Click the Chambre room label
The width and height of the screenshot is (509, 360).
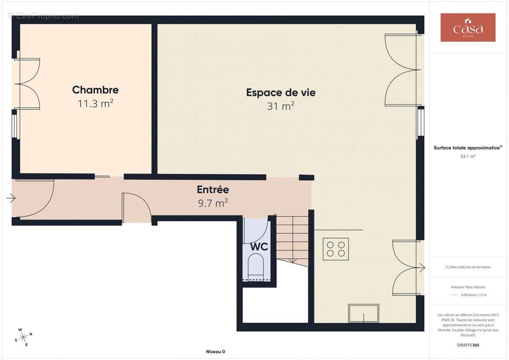[95, 90]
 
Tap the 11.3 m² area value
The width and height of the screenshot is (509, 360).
[95, 104]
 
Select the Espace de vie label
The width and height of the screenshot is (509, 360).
[280, 93]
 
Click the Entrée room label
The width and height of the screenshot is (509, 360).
[213, 190]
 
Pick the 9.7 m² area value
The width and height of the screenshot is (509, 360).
[213, 203]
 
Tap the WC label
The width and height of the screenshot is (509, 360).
[259, 247]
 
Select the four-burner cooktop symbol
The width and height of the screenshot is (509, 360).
[336, 249]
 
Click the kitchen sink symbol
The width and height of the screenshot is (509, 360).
[363, 313]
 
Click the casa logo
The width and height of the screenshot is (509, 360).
[468, 27]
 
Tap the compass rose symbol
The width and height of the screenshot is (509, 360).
[23, 337]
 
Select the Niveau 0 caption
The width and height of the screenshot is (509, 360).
[215, 351]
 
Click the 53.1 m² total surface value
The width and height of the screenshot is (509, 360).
[468, 156]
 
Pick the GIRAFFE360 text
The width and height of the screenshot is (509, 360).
[468, 345]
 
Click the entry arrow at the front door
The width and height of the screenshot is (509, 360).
[11, 198]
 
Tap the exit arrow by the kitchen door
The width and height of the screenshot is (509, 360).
[422, 268]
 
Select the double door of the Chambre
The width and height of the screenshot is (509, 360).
[28, 84]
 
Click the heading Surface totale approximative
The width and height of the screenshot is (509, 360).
[468, 148]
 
